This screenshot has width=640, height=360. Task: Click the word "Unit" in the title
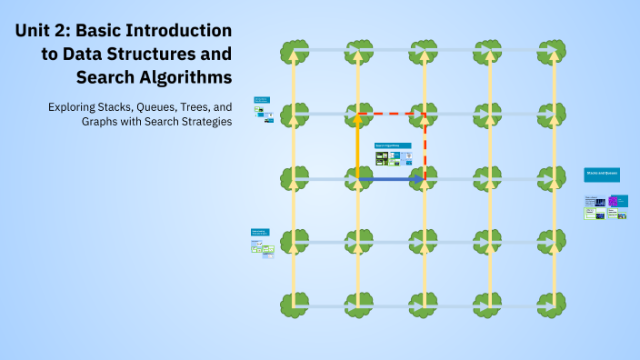click(x=36, y=32)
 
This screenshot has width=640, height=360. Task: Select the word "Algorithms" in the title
click(x=182, y=75)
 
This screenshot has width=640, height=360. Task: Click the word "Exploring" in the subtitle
click(x=74, y=106)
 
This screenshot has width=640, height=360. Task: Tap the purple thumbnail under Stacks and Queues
click(x=613, y=201)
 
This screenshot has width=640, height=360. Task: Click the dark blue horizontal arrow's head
click(x=419, y=179)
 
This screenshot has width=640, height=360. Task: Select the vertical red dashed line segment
click(x=425, y=145)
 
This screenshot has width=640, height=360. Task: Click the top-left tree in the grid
click(x=293, y=51)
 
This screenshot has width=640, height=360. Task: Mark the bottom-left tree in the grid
click(x=293, y=304)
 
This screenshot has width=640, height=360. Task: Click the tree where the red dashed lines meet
click(x=424, y=115)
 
